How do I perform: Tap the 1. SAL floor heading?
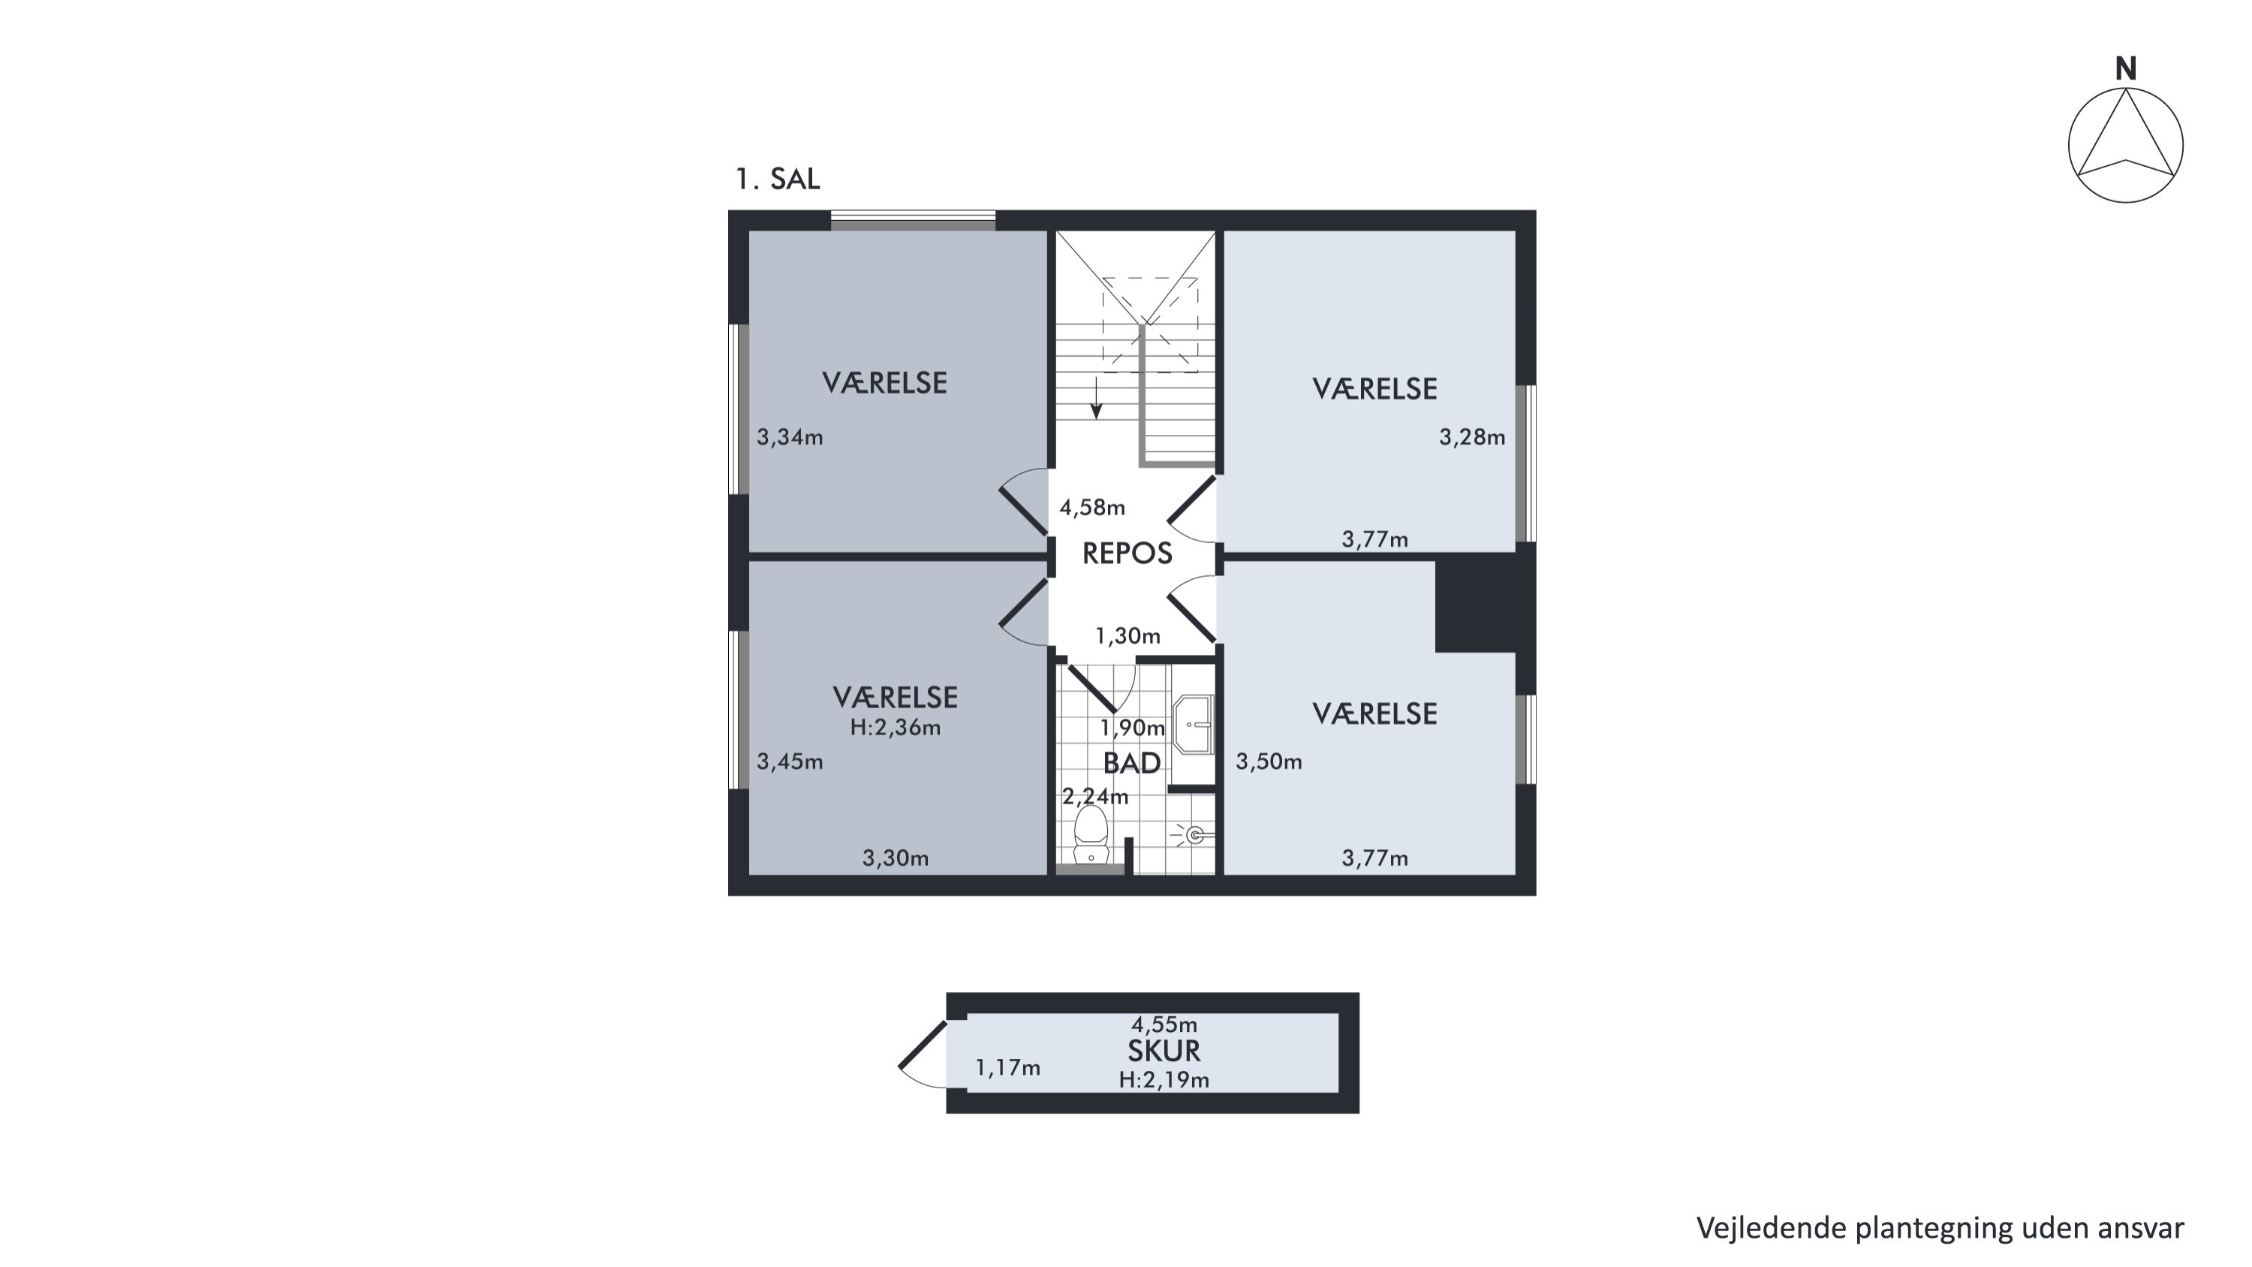777,179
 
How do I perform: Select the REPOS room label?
1127,554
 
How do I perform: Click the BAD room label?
1132,763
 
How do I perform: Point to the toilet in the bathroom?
1090,835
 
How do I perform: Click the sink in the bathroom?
1194,724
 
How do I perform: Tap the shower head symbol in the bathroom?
1194,835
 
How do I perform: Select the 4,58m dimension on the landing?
1092,507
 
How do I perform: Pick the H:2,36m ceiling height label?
896,728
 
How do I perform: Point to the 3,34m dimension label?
790,437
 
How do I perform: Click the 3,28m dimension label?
1472,437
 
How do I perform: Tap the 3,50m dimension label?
1269,762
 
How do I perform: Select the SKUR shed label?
1164,1050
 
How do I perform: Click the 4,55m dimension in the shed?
1164,1024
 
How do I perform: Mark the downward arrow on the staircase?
1095,399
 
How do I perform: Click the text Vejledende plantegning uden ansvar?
1940,1229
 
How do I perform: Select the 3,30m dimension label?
896,858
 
